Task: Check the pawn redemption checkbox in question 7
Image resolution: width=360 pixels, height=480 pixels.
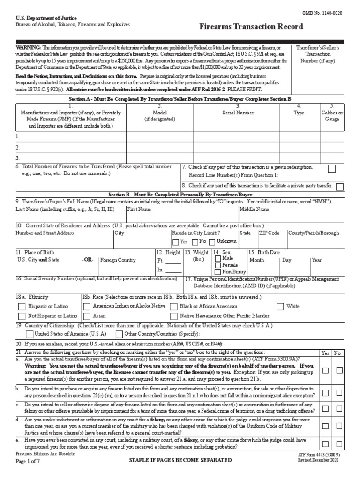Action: [x=331, y=168]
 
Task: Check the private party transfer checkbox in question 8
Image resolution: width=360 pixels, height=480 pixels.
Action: [x=339, y=186]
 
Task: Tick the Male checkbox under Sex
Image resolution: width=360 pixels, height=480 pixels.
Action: [x=218, y=259]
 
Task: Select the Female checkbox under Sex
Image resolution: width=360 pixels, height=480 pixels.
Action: [x=218, y=265]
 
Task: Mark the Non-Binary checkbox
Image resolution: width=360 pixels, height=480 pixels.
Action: [x=218, y=271]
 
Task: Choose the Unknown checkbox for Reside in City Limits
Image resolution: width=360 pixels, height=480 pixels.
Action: [x=212, y=242]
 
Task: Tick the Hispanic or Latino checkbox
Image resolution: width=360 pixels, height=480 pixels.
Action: [x=22, y=306]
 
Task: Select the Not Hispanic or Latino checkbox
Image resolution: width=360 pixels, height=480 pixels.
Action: [x=22, y=316]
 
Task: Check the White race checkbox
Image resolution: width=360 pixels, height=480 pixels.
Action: [x=280, y=306]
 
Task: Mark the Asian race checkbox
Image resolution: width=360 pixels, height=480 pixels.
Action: [x=87, y=316]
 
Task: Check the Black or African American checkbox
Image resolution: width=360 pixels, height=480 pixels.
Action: [x=174, y=306]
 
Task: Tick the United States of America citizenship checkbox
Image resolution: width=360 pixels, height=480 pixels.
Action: [x=30, y=334]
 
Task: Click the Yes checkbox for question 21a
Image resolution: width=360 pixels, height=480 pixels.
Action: [x=325, y=370]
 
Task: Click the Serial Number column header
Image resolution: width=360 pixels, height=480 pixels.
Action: [x=238, y=112]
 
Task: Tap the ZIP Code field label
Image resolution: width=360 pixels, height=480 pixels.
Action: [x=269, y=232]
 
